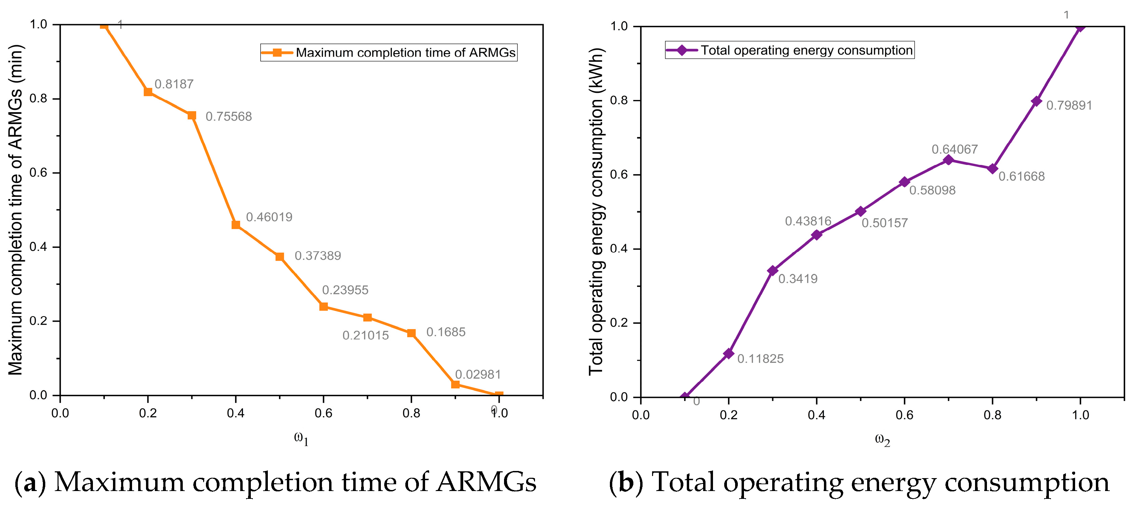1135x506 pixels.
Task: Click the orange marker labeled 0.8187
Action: click(x=148, y=91)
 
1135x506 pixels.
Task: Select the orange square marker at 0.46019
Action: click(x=236, y=224)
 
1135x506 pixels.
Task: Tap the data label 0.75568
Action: click(x=229, y=116)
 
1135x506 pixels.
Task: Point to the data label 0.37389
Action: click(x=318, y=255)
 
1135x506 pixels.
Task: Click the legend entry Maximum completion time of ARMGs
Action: click(x=389, y=52)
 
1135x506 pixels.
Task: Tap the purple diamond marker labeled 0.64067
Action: click(x=948, y=160)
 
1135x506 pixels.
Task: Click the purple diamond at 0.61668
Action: click(x=992, y=169)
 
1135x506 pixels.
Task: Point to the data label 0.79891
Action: click(x=1069, y=105)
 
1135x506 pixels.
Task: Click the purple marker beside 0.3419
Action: click(x=773, y=270)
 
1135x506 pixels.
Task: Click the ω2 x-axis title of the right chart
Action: click(x=882, y=440)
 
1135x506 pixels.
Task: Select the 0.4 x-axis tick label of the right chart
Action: click(x=816, y=415)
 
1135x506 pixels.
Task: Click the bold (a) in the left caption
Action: click(x=30, y=483)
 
